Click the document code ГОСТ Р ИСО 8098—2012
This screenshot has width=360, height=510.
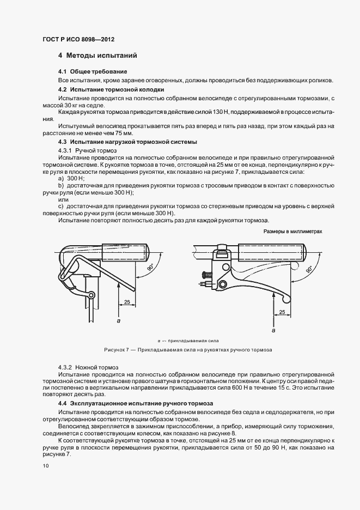click(78, 40)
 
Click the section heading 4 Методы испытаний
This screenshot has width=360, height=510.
click(97, 56)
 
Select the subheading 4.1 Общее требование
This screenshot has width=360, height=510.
click(93, 71)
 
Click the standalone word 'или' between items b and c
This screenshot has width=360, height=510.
click(63, 199)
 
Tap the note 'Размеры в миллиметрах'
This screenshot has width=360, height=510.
click(293, 231)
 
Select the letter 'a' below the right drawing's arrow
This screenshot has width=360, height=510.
click(273, 330)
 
